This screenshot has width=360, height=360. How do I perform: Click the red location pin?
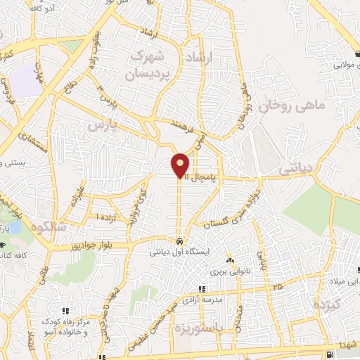point(181,166)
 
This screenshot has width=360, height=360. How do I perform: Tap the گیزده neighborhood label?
point(327,306)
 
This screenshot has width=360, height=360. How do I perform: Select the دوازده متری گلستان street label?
point(231,210)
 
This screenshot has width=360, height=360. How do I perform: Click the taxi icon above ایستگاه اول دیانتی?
point(181,239)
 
